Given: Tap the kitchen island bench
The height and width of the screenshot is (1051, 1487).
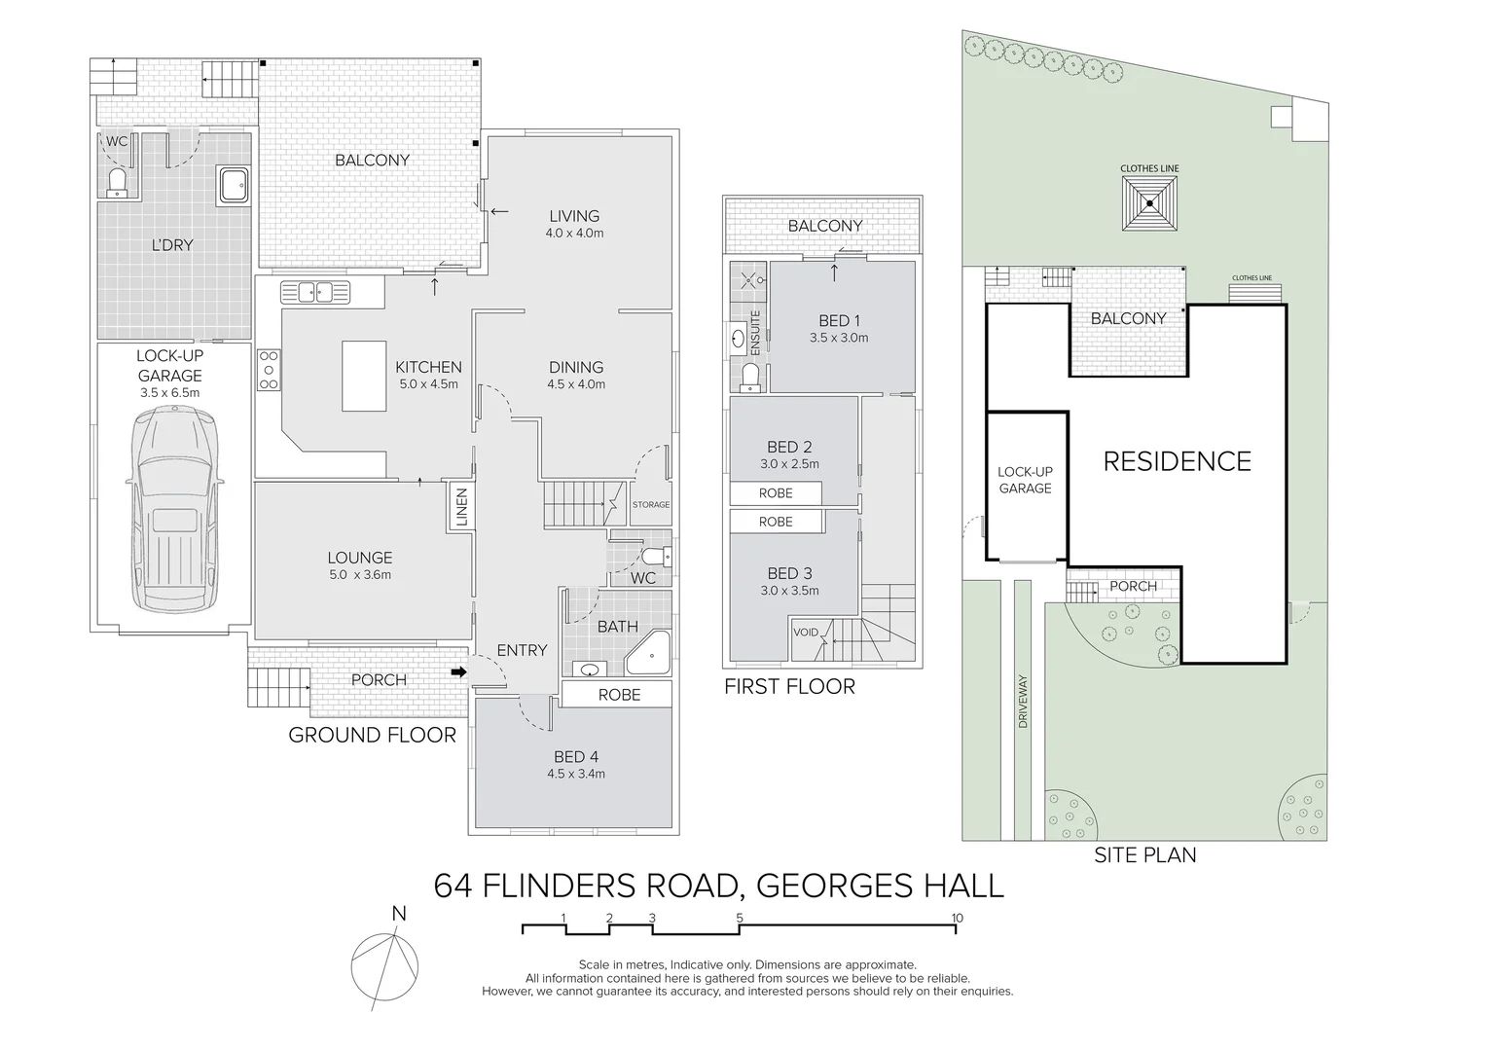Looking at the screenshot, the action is pyautogui.click(x=364, y=376).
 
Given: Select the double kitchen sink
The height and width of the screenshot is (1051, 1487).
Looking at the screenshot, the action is pyautogui.click(x=314, y=292).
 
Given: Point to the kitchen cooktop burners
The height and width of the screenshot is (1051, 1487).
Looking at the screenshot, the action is pyautogui.click(x=269, y=370).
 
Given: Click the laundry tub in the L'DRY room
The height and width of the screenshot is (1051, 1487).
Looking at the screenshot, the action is pyautogui.click(x=233, y=185).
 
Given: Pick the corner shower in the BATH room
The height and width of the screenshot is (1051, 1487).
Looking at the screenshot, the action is pyautogui.click(x=648, y=653).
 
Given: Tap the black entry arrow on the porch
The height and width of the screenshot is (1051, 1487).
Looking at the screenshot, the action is pyautogui.click(x=458, y=672).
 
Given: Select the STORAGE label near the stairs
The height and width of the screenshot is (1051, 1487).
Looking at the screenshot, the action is pyautogui.click(x=650, y=505).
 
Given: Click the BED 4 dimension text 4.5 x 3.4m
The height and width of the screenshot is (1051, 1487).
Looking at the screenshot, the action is pyautogui.click(x=575, y=774).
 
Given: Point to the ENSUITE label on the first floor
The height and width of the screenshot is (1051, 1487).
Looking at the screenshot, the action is pyautogui.click(x=755, y=332).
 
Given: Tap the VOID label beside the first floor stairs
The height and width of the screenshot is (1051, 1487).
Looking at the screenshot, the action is pyautogui.click(x=806, y=633).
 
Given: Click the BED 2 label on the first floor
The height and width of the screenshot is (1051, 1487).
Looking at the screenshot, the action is pyautogui.click(x=789, y=447).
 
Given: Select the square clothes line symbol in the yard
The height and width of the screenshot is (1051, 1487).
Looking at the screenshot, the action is pyautogui.click(x=1149, y=203).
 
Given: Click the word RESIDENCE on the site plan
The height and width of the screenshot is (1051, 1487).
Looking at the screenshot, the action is pyautogui.click(x=1177, y=461).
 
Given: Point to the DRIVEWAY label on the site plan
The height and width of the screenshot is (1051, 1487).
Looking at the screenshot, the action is pyautogui.click(x=1022, y=702).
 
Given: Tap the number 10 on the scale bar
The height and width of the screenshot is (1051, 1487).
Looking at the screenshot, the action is pyautogui.click(x=957, y=919).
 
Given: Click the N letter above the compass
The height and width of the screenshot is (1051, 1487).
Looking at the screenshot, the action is pyautogui.click(x=399, y=914).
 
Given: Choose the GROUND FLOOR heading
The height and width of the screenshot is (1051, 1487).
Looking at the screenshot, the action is pyautogui.click(x=373, y=735).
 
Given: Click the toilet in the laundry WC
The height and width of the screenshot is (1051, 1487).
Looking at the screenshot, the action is pyautogui.click(x=117, y=183).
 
